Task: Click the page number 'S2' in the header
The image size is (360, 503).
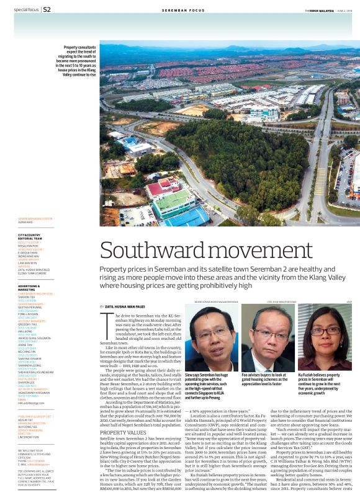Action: click(x=47, y=9)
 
